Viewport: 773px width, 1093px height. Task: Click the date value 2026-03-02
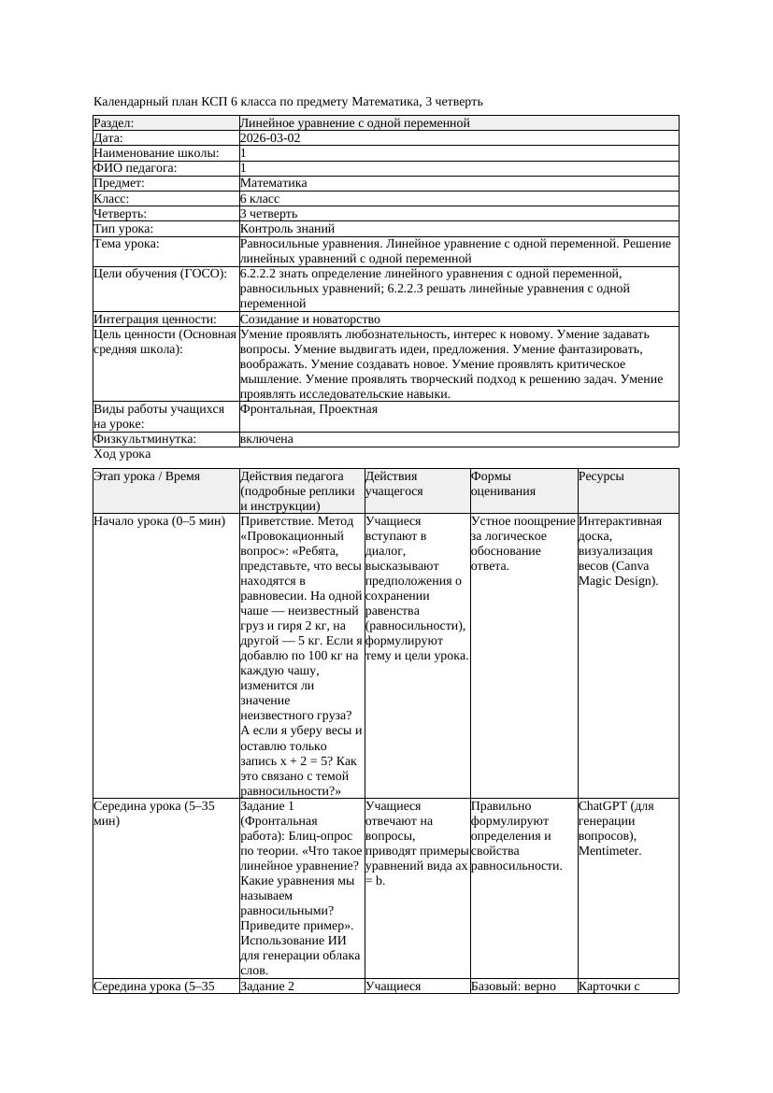(270, 138)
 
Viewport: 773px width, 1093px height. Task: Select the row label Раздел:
(114, 123)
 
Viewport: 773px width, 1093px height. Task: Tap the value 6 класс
(260, 199)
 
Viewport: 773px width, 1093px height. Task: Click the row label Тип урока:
(123, 229)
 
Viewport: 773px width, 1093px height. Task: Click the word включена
(266, 439)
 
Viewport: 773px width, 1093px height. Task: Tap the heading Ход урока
(122, 454)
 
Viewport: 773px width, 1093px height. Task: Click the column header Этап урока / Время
(147, 476)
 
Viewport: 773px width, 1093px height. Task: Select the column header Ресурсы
(601, 476)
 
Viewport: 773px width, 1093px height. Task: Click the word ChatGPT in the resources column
(602, 805)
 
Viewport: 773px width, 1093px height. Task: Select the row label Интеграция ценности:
(155, 319)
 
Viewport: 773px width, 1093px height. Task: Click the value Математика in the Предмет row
(273, 184)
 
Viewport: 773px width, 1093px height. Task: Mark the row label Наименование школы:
(157, 153)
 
